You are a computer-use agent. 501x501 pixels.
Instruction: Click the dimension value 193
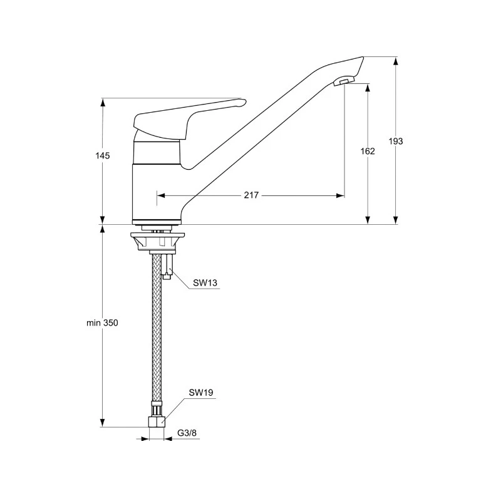pos(396,142)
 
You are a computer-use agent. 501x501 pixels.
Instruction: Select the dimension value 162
pos(368,152)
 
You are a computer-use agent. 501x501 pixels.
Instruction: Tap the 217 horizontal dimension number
pos(251,196)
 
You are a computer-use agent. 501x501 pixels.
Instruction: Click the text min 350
pos(102,323)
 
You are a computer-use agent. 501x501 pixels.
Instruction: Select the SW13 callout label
pos(205,283)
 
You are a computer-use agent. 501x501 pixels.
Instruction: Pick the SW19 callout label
pos(201,393)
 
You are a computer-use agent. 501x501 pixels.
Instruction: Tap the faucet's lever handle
pos(188,115)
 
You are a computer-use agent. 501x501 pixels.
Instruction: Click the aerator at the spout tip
pos(344,81)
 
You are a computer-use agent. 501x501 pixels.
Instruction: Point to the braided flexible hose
pos(156,338)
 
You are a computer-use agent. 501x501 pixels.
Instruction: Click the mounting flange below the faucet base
pos(157,240)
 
